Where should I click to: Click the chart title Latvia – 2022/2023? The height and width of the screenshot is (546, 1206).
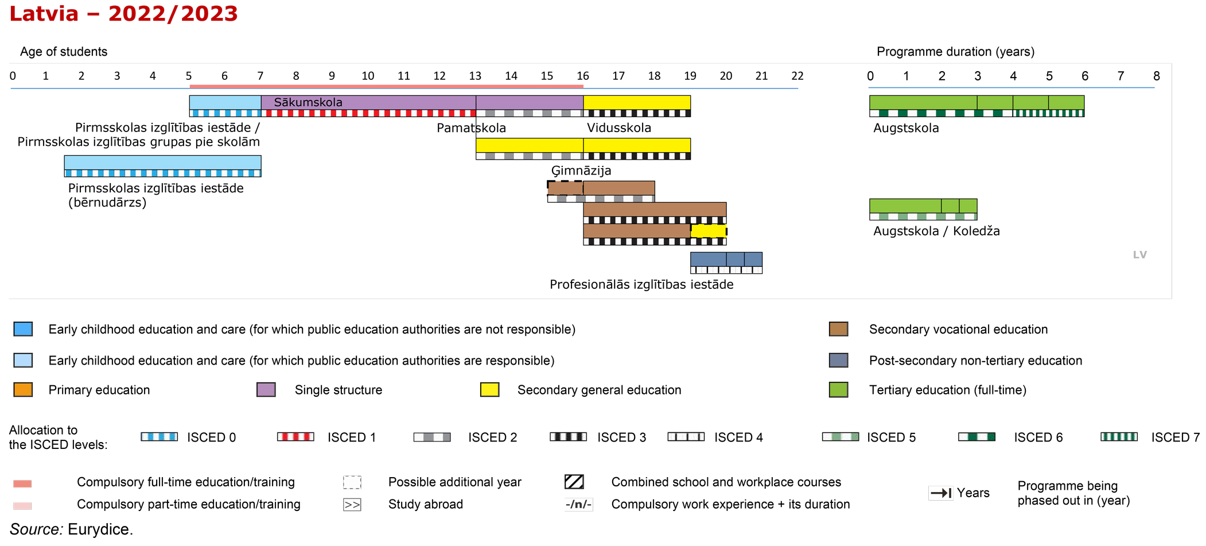(123, 14)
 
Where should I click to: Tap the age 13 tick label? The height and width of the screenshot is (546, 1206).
(475, 76)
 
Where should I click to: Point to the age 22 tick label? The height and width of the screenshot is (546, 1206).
(797, 76)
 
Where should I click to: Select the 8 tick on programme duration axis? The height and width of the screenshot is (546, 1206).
(1157, 76)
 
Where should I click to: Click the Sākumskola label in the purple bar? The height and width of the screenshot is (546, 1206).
(308, 102)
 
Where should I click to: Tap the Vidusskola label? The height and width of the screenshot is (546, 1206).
(619, 127)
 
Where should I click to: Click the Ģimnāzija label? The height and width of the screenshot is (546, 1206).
(581, 171)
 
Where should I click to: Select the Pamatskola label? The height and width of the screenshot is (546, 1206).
(471, 127)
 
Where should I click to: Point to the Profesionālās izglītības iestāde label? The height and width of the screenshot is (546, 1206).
(641, 284)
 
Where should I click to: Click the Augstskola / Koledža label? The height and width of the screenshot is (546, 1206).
(936, 231)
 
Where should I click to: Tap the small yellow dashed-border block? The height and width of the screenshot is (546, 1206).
(709, 231)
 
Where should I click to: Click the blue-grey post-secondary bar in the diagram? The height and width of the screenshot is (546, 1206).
(726, 259)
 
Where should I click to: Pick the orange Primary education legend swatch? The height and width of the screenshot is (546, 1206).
(23, 390)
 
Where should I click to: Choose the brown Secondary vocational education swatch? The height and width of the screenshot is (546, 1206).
(838, 329)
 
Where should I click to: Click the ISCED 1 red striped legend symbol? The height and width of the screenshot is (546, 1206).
(295, 437)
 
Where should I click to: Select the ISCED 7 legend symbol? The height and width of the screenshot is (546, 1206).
(1119, 437)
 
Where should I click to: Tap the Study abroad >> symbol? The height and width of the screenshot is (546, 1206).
(352, 505)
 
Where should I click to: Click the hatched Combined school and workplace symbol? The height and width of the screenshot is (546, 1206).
(574, 482)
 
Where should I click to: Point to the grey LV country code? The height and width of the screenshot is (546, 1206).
(1139, 255)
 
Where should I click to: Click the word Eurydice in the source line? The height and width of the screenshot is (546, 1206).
(100, 529)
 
